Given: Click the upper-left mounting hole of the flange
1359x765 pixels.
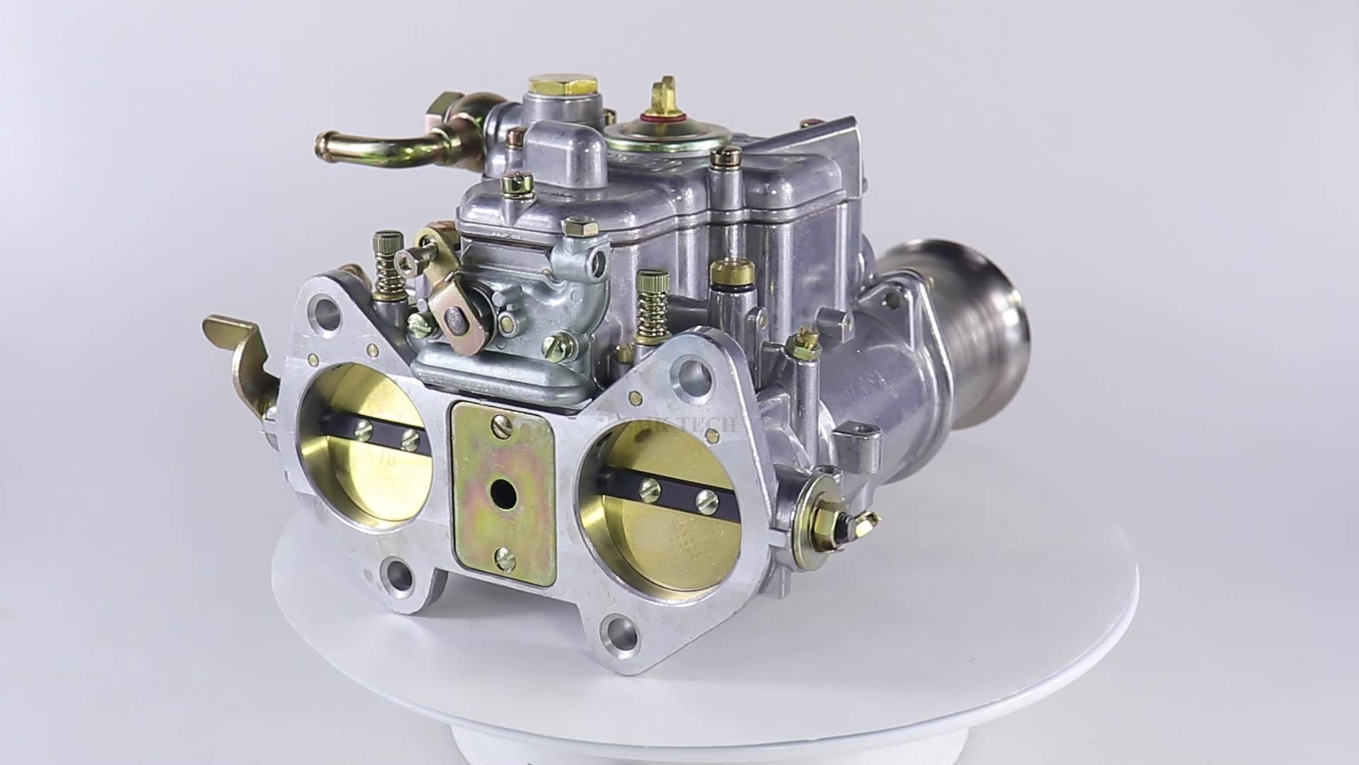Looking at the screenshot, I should click(x=327, y=310).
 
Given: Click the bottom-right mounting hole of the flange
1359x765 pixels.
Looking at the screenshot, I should click(x=621, y=628).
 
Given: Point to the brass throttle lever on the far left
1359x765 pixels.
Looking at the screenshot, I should click(x=241, y=354).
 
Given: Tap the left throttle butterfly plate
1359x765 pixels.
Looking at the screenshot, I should click(x=372, y=453).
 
